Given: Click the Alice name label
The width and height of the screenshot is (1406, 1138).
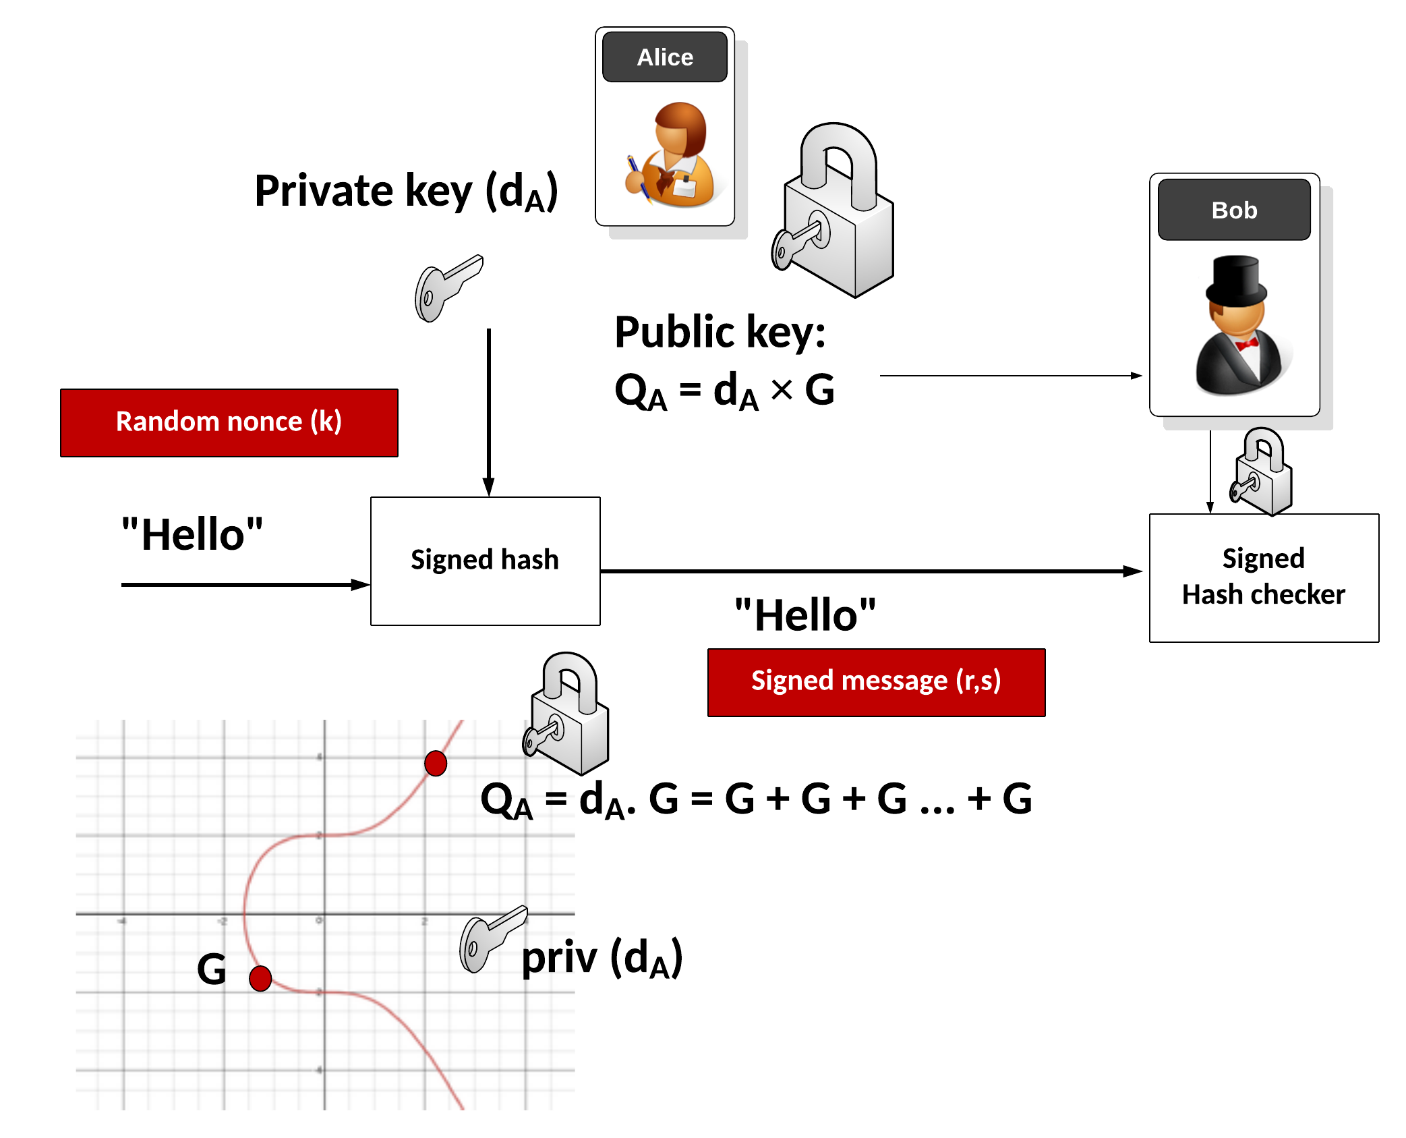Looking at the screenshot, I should (x=664, y=57).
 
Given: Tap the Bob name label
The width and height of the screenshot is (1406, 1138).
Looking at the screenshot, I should (x=1233, y=210).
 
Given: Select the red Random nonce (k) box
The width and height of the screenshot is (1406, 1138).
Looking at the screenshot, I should (x=229, y=422).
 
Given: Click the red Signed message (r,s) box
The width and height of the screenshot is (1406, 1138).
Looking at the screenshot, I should (x=875, y=682).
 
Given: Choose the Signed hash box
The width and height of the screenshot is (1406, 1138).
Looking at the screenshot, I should (x=485, y=561).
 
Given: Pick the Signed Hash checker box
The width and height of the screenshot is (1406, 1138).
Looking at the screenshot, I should (x=1263, y=577).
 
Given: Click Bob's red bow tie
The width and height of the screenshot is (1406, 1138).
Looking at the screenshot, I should (x=1246, y=344).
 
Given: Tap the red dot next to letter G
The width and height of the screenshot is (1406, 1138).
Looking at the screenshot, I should (x=260, y=977).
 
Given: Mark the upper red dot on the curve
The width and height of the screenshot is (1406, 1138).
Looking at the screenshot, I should (x=436, y=764).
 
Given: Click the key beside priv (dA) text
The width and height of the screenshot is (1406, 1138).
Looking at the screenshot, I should (x=490, y=938).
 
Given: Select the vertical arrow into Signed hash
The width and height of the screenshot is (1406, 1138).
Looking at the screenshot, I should (x=489, y=411).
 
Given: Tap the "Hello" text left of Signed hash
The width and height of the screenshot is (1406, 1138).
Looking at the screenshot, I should (x=192, y=535).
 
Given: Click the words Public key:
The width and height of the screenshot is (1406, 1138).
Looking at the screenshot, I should (x=720, y=333).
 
